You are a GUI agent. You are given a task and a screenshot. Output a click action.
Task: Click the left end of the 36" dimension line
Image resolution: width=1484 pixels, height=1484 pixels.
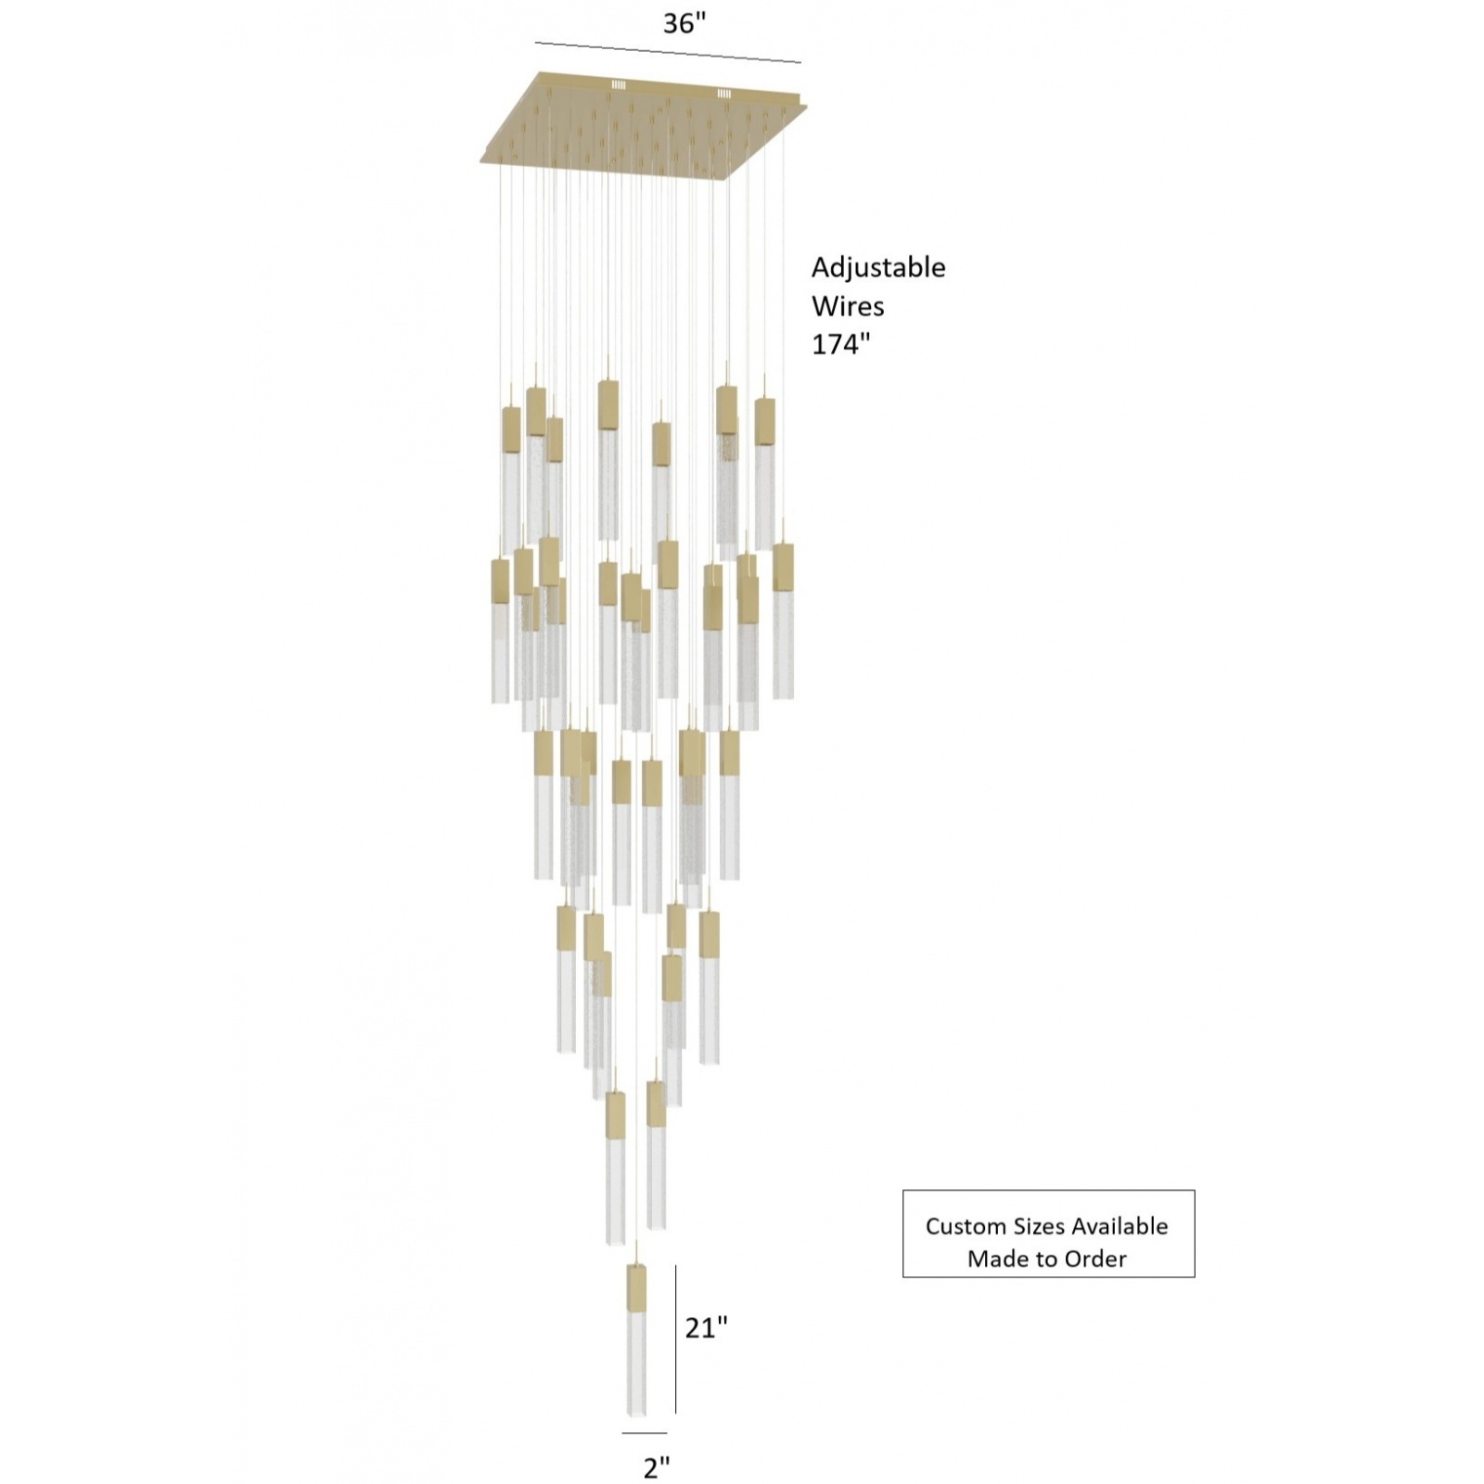point(535,43)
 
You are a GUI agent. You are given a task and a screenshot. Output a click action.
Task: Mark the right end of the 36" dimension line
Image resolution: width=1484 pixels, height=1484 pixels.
point(801,63)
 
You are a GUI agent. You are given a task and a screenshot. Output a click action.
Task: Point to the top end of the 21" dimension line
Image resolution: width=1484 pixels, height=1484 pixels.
point(675,1266)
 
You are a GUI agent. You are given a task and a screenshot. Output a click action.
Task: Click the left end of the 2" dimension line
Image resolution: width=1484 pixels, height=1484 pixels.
point(622,1433)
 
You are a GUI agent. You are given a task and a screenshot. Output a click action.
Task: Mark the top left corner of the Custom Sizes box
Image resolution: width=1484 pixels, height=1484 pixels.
point(903,1191)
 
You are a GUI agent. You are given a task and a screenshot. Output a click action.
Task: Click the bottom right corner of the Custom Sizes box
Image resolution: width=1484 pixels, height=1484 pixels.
point(1195,1277)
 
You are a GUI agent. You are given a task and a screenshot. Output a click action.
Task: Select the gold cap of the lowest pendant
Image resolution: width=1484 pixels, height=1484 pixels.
point(636,1288)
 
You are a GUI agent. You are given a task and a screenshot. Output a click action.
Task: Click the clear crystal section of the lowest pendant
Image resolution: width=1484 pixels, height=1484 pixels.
point(636,1376)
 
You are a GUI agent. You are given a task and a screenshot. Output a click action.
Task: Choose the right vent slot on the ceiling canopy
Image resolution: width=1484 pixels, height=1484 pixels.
point(723,94)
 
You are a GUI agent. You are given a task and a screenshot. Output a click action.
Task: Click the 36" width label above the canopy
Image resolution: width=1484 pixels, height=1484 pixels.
point(684,23)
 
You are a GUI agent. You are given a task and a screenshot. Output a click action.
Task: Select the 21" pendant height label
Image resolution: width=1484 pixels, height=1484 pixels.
point(707,1328)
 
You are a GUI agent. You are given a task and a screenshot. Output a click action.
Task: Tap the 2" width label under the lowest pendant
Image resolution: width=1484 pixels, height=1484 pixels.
point(656,1467)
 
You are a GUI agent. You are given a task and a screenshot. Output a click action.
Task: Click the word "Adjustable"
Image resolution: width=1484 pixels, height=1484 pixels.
point(878,268)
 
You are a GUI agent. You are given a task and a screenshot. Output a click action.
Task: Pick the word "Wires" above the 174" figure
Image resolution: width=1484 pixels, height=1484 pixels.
point(848,306)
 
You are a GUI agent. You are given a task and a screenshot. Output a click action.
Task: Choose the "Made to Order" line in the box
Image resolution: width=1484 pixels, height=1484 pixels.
point(1047,1259)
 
